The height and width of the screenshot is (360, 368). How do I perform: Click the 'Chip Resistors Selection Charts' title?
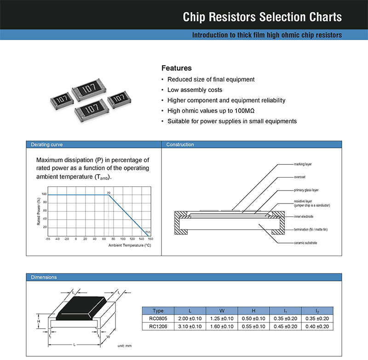[x=262, y=17]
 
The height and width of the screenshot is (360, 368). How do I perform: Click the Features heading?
[x=177, y=68]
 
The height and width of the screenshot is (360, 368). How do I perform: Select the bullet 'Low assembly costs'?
[x=195, y=90]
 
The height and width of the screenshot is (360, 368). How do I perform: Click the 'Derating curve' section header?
[x=46, y=145]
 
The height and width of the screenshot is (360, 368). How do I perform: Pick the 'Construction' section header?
[x=180, y=145]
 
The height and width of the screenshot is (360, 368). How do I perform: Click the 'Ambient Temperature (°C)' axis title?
[x=129, y=245]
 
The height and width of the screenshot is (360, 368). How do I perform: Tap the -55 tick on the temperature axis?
[x=48, y=239]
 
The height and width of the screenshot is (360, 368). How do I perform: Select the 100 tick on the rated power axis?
[x=44, y=194]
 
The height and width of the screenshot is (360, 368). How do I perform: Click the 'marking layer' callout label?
[x=303, y=164]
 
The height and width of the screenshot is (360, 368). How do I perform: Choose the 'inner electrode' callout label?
[x=304, y=216]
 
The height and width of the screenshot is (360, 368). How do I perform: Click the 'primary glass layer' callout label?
[x=306, y=190]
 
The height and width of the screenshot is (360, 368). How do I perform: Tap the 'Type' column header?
[x=158, y=311]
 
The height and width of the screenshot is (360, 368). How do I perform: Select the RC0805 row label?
[x=158, y=319]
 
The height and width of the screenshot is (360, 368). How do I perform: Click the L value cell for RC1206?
[x=190, y=326]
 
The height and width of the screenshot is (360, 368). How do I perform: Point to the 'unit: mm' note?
[x=124, y=345]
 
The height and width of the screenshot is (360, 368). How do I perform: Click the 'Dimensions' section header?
[x=44, y=277]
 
